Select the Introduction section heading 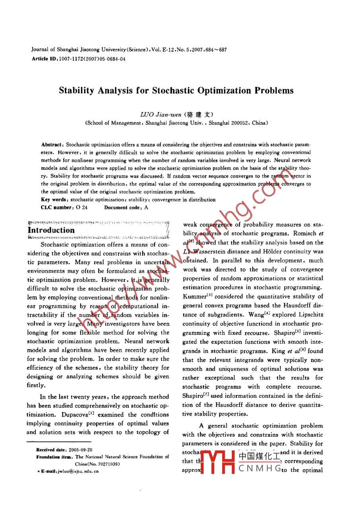[51, 230]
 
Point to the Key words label [54, 200]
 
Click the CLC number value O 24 [81, 207]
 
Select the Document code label [122, 207]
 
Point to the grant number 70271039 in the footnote [107, 464]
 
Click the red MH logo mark [217, 462]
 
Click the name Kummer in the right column [194, 297]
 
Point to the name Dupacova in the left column [74, 415]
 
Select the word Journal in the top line [40, 50]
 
